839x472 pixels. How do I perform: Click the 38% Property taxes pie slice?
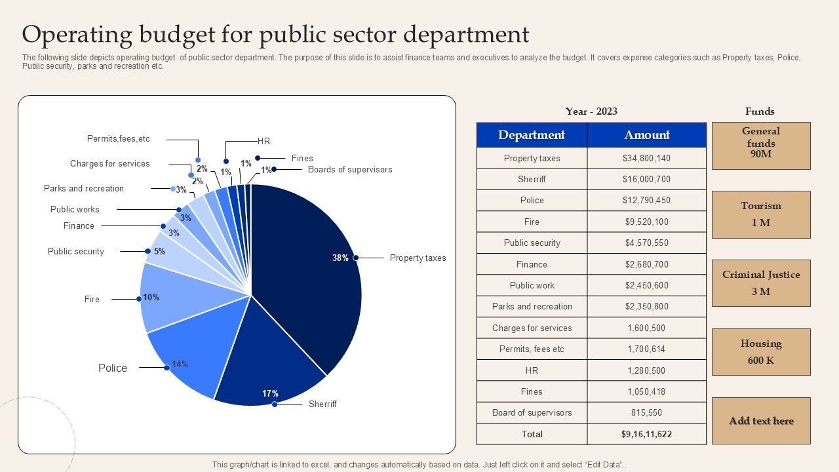[x=308, y=275]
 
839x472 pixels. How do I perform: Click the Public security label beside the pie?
[x=76, y=252]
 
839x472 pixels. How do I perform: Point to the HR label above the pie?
[x=263, y=142]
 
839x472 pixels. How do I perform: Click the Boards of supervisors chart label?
[x=350, y=170]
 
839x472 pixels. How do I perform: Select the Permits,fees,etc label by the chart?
[x=119, y=139]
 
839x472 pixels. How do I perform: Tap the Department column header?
[x=532, y=135]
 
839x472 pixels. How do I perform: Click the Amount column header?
[x=647, y=135]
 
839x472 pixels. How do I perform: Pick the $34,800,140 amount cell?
[x=647, y=158]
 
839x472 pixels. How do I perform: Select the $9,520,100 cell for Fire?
[x=647, y=222]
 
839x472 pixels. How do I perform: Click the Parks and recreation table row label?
[x=532, y=307]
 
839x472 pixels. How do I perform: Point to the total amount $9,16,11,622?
[x=647, y=434]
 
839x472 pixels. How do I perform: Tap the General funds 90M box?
[x=761, y=146]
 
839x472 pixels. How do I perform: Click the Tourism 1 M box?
[x=761, y=214]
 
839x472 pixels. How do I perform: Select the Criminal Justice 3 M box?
[x=761, y=283]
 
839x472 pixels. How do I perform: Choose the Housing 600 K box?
[x=761, y=352]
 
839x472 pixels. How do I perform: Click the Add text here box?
[x=761, y=421]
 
